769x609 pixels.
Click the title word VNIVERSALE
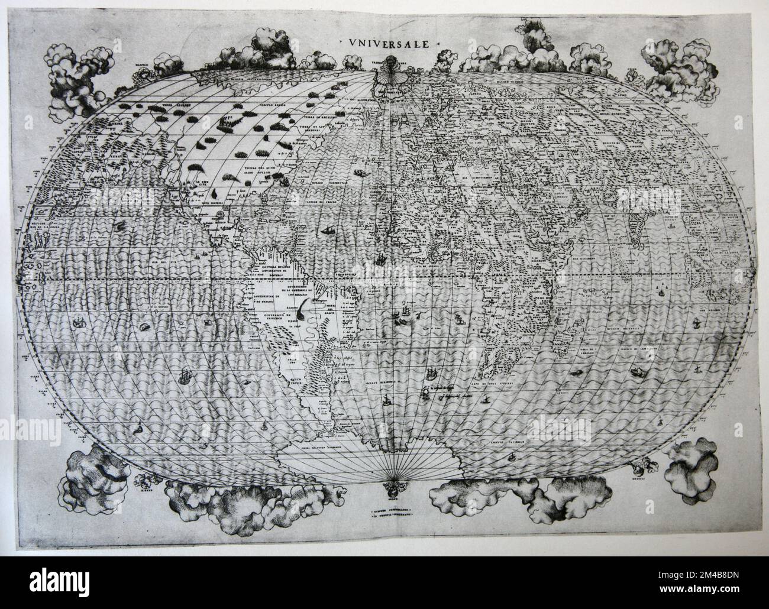389,43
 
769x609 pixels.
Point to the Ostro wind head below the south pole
389,488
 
